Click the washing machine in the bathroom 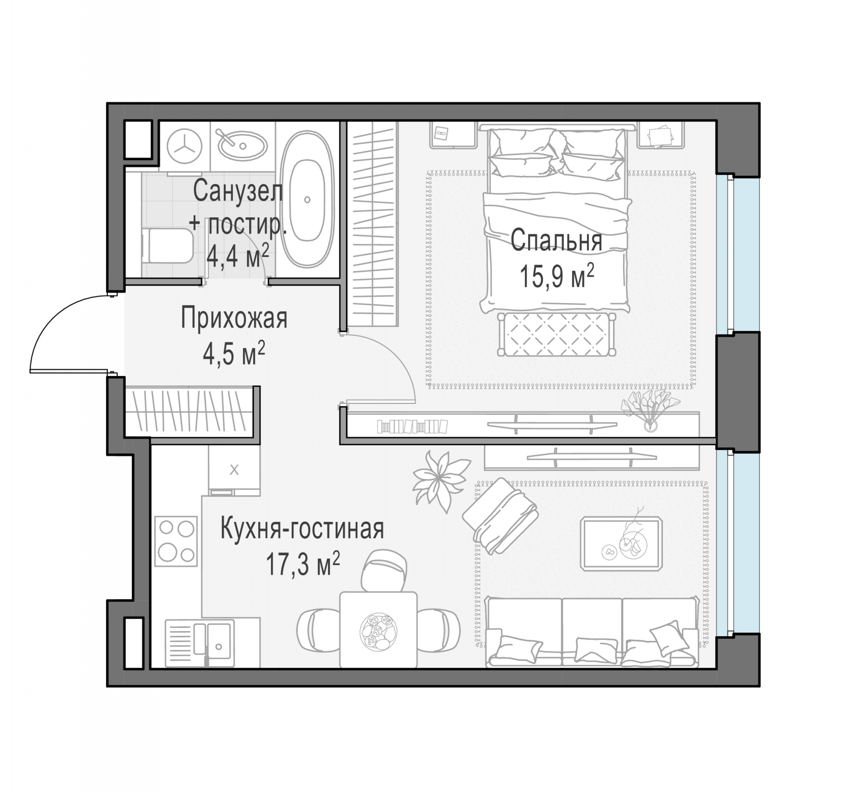(185, 147)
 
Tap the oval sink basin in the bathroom (242, 144)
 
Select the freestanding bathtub (307, 199)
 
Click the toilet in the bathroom (167, 245)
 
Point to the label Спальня (556, 240)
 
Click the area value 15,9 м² (557, 276)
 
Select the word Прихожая (234, 318)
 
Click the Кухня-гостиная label (302, 529)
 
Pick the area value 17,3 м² (303, 563)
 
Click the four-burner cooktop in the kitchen (176, 541)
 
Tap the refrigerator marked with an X (234, 470)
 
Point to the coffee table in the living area (621, 544)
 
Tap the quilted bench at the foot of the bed (557, 334)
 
